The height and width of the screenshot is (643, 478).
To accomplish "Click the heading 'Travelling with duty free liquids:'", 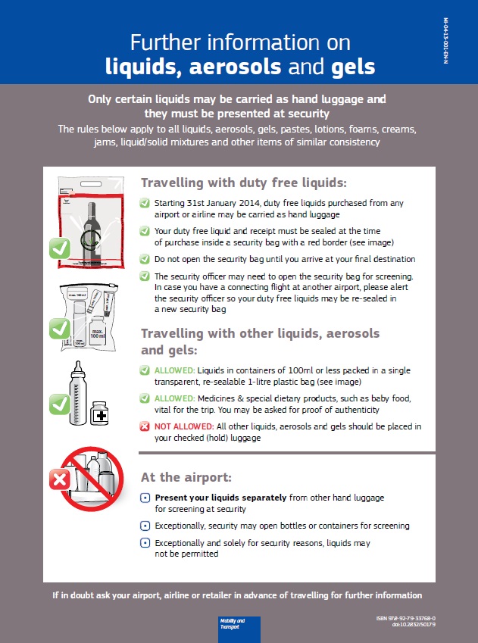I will [244, 183].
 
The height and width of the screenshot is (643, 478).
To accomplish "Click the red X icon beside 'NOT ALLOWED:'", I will [145, 426].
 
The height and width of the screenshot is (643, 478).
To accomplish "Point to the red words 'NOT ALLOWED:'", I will [175, 426].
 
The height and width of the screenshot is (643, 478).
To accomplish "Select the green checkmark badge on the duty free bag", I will [60, 248].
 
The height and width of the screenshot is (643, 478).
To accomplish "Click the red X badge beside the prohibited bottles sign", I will [60, 479].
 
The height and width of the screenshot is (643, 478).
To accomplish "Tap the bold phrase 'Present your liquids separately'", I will [220, 498].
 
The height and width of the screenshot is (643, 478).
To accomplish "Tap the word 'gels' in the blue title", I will [353, 67].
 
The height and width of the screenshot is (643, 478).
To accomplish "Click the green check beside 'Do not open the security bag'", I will [145, 258].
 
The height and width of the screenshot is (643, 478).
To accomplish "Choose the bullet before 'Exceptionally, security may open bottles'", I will [145, 526].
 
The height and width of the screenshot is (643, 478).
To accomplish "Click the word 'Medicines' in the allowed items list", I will [216, 398].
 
